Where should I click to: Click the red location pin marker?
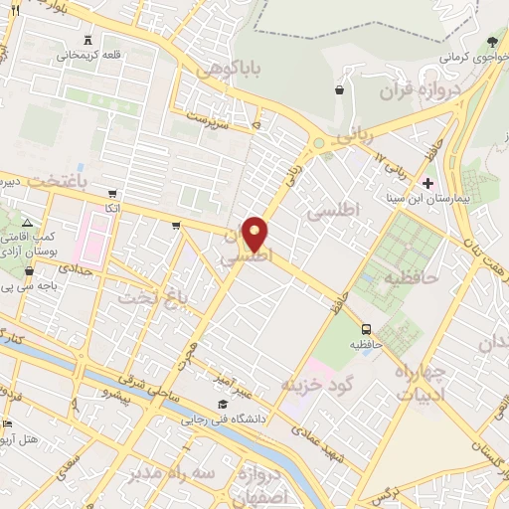click(255, 233)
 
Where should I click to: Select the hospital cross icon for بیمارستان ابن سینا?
click(428, 184)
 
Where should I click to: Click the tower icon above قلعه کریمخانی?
click(89, 40)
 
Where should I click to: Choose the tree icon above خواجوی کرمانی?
click(493, 42)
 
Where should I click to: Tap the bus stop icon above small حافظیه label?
click(367, 329)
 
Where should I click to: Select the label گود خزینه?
click(318, 384)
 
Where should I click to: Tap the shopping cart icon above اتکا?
click(112, 194)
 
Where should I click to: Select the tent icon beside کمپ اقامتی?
click(27, 222)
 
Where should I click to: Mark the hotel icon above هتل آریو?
click(7, 423)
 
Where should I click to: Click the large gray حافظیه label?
click(413, 277)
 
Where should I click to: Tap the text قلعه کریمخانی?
click(89, 56)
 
